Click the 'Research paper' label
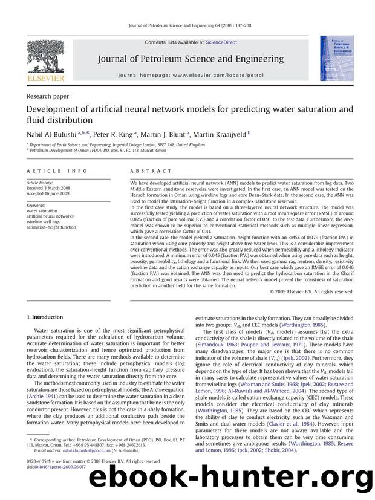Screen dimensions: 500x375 pos(48,96)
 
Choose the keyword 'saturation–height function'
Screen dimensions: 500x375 pos(52,227)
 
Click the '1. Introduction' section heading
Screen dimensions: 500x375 pos(45,317)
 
